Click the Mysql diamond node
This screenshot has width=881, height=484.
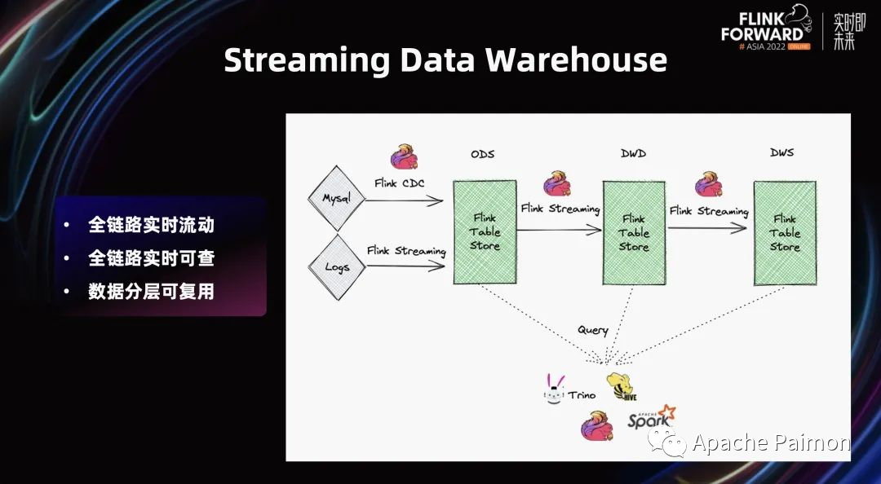click(x=335, y=199)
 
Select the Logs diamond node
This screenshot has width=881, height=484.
click(x=337, y=266)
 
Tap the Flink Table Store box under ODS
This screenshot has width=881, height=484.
click(x=485, y=232)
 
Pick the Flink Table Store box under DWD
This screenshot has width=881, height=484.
click(x=634, y=233)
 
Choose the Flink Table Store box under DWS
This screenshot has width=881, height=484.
click(x=785, y=233)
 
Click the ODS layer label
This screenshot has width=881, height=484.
click(x=483, y=154)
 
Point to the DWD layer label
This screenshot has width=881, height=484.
click(x=633, y=154)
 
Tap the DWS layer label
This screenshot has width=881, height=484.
click(x=781, y=152)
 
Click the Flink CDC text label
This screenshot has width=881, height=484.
click(x=400, y=183)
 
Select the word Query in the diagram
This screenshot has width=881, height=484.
click(x=593, y=330)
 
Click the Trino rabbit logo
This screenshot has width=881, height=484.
click(x=555, y=389)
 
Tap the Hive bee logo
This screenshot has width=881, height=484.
click(x=621, y=386)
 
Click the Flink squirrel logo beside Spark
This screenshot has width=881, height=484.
click(x=596, y=426)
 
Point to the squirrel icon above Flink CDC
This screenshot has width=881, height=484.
click(x=404, y=157)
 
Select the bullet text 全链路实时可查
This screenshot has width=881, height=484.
click(x=151, y=258)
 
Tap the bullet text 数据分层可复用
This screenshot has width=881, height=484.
click(x=151, y=292)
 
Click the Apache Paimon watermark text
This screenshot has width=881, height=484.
click(x=770, y=442)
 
